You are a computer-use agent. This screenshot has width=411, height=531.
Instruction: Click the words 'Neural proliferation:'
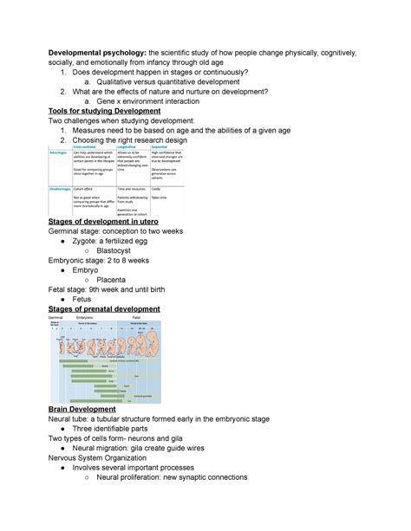coord(134,477)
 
